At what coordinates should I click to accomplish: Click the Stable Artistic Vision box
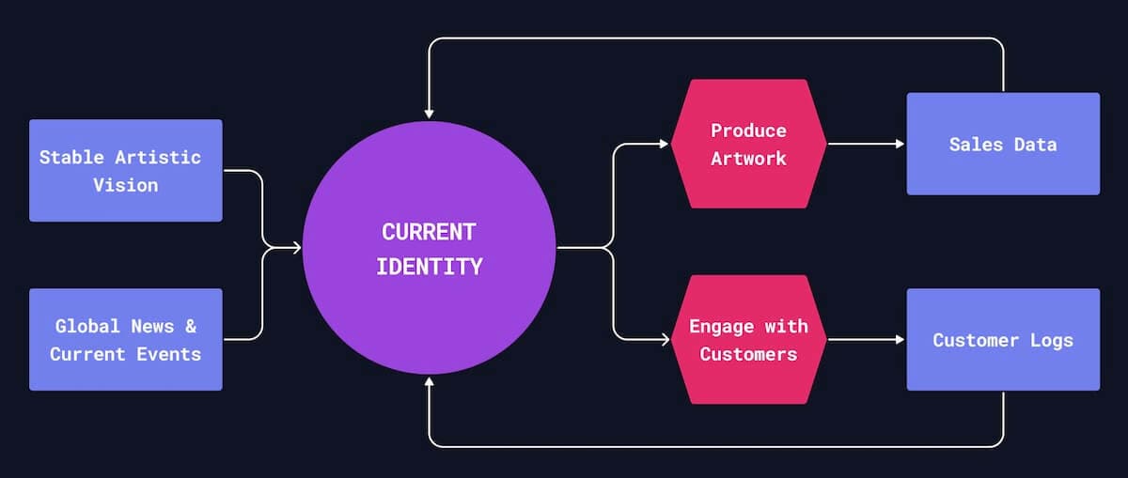tap(125, 170)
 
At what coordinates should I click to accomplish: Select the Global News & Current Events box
tap(125, 339)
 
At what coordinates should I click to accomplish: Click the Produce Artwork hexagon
tap(748, 144)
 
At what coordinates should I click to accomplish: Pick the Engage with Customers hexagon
tap(748, 339)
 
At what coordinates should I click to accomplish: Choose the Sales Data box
tap(1002, 144)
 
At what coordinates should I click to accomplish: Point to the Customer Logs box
tap(1002, 339)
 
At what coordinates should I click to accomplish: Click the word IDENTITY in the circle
tap(429, 267)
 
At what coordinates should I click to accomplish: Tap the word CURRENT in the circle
tap(429, 232)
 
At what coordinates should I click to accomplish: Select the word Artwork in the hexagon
tap(748, 158)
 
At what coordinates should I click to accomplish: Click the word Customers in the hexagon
tap(748, 354)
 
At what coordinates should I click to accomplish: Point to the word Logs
tap(1050, 340)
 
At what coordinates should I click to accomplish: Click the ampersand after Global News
tap(190, 326)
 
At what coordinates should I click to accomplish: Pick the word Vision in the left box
tap(125, 185)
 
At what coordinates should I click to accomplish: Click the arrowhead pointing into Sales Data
tap(900, 145)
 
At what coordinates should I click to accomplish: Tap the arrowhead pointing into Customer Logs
tap(900, 340)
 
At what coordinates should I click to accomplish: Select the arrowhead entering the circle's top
tap(429, 114)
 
